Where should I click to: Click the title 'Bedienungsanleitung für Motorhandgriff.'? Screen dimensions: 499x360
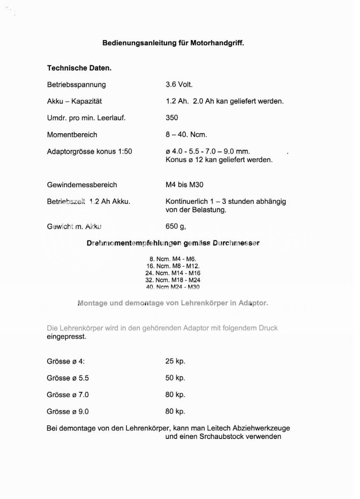[x=173, y=43]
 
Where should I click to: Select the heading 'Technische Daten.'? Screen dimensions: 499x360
[x=79, y=68]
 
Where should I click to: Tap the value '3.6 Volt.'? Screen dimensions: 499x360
[x=179, y=84]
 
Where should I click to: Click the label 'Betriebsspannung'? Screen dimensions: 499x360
[x=76, y=84]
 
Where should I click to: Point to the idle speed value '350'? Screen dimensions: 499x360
[x=172, y=118]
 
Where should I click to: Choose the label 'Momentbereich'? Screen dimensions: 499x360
[x=72, y=135]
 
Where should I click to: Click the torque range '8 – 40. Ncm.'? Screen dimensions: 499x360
[x=186, y=135]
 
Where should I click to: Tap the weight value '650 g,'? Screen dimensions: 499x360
[x=176, y=226]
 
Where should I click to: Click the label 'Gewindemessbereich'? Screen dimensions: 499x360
[x=82, y=185]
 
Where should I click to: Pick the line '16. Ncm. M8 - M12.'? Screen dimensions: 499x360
[x=173, y=266]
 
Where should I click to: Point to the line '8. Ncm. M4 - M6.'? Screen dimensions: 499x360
[x=173, y=259]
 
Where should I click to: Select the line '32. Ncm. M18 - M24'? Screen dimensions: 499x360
[x=173, y=280]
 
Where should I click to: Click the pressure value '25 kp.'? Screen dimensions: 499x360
[x=175, y=361]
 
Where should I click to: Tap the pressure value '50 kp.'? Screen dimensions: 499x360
[x=175, y=378]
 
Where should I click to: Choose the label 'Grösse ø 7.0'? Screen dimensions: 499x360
[x=68, y=395]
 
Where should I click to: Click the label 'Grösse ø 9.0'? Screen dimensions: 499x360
[x=68, y=411]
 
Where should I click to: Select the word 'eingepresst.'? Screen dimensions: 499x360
[x=66, y=337]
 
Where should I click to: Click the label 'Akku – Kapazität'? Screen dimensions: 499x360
[x=75, y=101]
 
